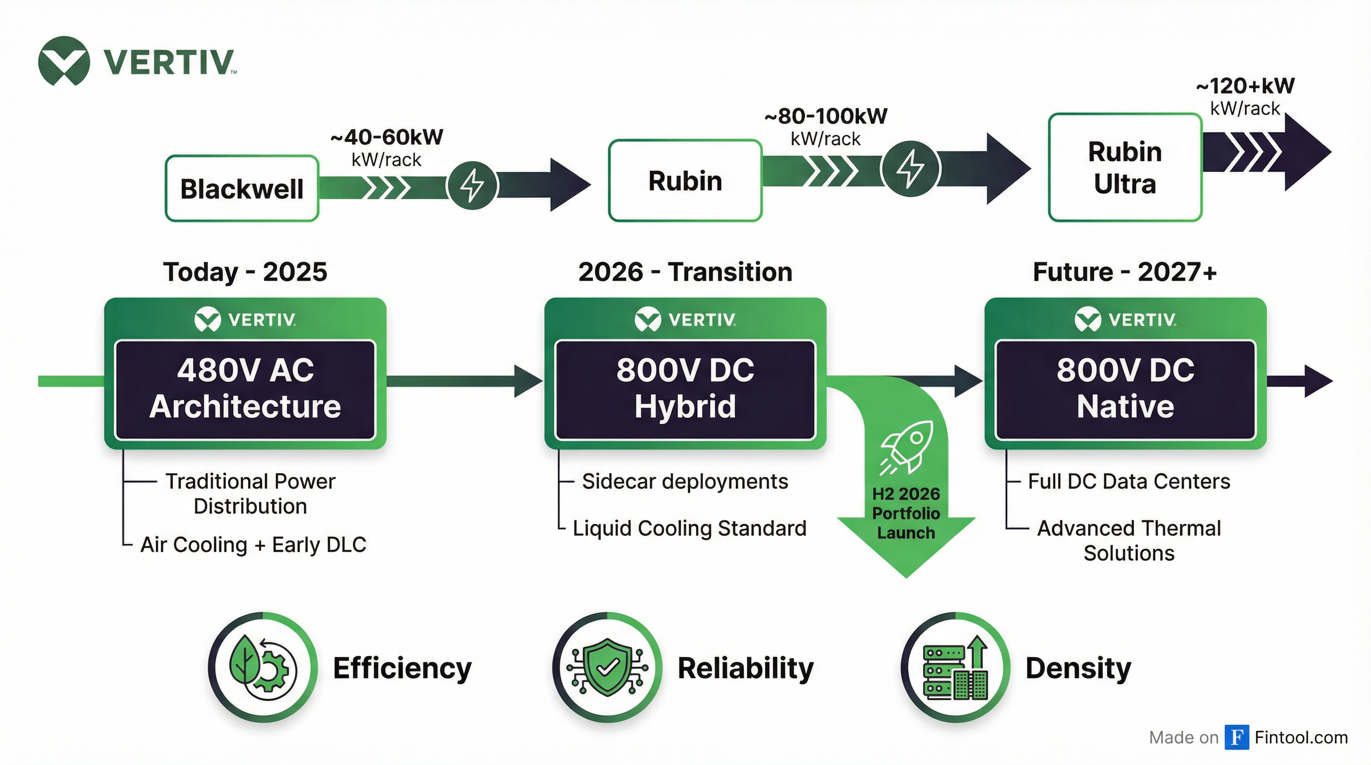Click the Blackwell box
[x=242, y=188]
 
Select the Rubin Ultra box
[x=1124, y=167]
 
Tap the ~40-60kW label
[x=387, y=137]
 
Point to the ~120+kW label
[x=1245, y=86]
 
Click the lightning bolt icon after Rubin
[x=910, y=168]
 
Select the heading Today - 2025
[x=245, y=272]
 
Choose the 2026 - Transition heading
[x=685, y=272]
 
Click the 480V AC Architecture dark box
[x=245, y=389]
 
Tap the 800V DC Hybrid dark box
[x=685, y=389]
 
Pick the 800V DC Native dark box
[x=1125, y=389]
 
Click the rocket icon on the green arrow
[x=906, y=447]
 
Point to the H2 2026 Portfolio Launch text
[x=906, y=513]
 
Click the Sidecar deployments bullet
[x=685, y=482]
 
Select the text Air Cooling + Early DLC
[x=254, y=545]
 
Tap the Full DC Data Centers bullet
[x=1128, y=482]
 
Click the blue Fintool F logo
[x=1236, y=737]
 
